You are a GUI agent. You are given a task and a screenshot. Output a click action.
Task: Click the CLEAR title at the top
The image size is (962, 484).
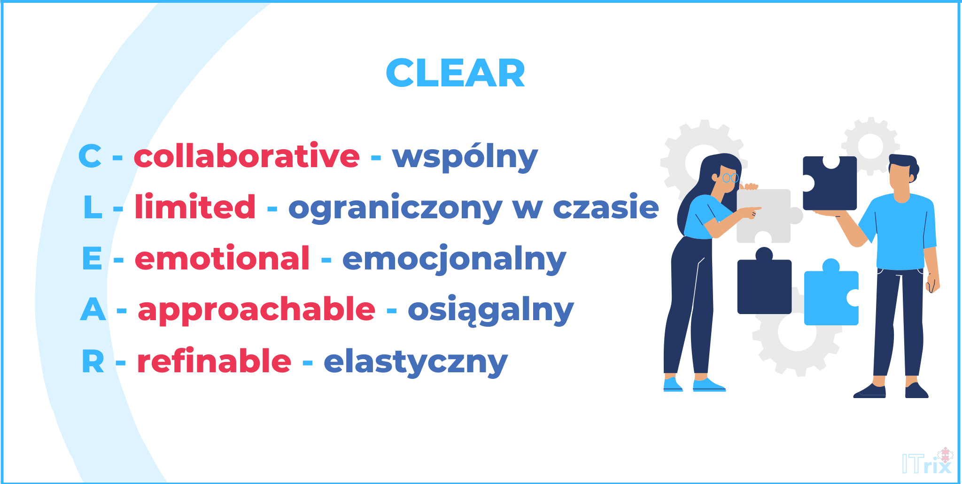tap(455, 73)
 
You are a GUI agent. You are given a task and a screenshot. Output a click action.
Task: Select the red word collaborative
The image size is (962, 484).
tap(247, 156)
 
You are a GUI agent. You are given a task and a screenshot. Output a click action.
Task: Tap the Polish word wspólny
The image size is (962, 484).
tap(465, 157)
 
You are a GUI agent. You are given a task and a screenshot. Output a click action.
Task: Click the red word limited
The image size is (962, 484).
tap(195, 207)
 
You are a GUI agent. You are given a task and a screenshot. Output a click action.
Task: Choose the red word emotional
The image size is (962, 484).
tap(222, 258)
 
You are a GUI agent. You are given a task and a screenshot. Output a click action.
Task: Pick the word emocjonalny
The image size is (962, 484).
tap(454, 260)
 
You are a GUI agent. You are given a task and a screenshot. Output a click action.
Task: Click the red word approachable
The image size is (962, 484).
tap(256, 310)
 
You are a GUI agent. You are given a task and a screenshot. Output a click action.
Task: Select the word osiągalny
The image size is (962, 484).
tap(490, 311)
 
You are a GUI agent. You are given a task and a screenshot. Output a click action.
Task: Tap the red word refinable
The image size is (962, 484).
tap(214, 361)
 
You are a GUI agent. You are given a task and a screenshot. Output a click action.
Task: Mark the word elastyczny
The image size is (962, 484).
tap(416, 362)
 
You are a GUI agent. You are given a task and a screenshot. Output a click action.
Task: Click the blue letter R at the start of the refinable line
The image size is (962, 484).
tap(93, 362)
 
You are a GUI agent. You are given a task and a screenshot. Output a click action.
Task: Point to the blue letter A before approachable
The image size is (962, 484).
tap(93, 310)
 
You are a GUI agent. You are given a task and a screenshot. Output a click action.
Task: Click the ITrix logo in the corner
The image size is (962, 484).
tap(927, 462)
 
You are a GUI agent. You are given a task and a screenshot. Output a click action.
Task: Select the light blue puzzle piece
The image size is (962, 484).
tap(830, 296)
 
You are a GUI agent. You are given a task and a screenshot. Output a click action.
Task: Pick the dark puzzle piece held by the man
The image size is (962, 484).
tap(829, 183)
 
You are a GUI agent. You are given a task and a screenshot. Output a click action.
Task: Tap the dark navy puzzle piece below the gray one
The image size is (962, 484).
tap(764, 285)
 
